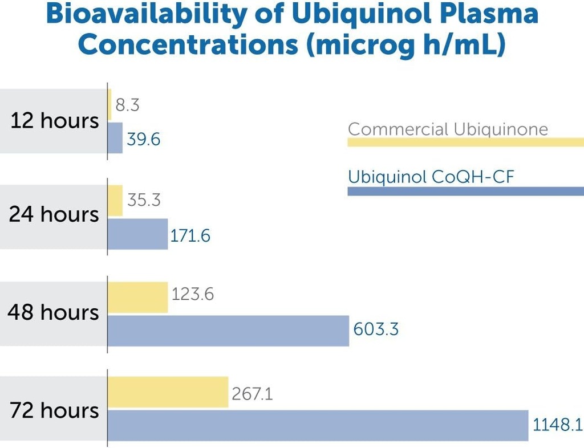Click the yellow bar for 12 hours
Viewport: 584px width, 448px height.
tap(109, 104)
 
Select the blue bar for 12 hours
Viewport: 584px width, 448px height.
tap(115, 138)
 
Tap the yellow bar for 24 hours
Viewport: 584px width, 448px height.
tap(115, 201)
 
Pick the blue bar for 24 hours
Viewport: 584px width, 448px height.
tap(138, 234)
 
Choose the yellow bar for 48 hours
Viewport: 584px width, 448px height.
tap(138, 297)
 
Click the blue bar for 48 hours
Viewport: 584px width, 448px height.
tap(228, 331)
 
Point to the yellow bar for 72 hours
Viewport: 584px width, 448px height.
tap(168, 392)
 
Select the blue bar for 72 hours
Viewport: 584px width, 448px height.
tap(318, 425)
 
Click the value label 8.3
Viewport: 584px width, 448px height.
tap(127, 105)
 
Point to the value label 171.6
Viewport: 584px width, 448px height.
tap(190, 235)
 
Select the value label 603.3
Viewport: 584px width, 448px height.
tap(376, 329)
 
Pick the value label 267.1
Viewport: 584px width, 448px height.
tap(252, 393)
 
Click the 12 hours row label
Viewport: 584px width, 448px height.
tap(55, 121)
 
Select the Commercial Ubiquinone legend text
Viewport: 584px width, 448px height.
tap(448, 129)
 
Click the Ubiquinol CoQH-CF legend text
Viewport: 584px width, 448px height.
tap(431, 177)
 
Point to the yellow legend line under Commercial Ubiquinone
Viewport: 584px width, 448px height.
tap(465, 142)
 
